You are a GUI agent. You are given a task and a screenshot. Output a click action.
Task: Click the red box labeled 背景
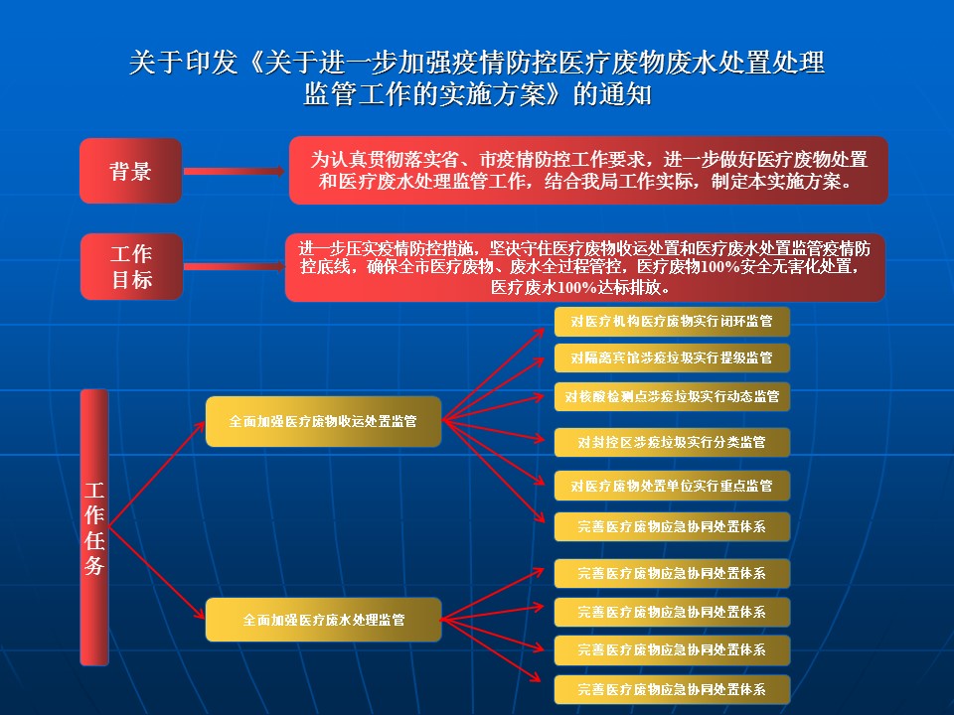tap(131, 171)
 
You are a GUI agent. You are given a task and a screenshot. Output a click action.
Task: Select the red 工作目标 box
tap(131, 267)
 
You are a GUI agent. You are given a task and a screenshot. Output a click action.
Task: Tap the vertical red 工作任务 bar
tap(94, 527)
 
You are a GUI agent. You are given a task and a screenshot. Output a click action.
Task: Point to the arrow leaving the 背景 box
tap(235, 172)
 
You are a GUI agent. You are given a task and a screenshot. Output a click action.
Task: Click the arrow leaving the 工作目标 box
tap(235, 266)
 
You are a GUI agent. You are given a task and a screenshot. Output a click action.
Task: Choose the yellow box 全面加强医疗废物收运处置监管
tap(323, 421)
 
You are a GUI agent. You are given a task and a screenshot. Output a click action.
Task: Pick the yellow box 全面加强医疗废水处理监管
tap(323, 620)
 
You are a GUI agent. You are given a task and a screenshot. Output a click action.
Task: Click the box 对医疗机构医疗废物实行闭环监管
tap(672, 321)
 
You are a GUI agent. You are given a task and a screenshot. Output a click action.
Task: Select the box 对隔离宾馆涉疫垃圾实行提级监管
tap(672, 357)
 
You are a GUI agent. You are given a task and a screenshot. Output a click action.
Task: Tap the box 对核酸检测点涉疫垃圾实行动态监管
tap(672, 396)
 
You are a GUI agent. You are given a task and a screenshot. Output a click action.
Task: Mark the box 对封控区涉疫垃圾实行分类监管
tap(672, 442)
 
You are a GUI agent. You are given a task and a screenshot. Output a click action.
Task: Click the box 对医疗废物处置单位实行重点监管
tap(672, 486)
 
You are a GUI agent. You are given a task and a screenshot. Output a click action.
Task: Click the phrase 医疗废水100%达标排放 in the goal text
tap(579, 287)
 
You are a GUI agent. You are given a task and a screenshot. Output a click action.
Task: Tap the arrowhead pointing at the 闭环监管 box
tap(539, 332)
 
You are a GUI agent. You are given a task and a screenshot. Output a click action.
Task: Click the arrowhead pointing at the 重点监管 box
tap(539, 481)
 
